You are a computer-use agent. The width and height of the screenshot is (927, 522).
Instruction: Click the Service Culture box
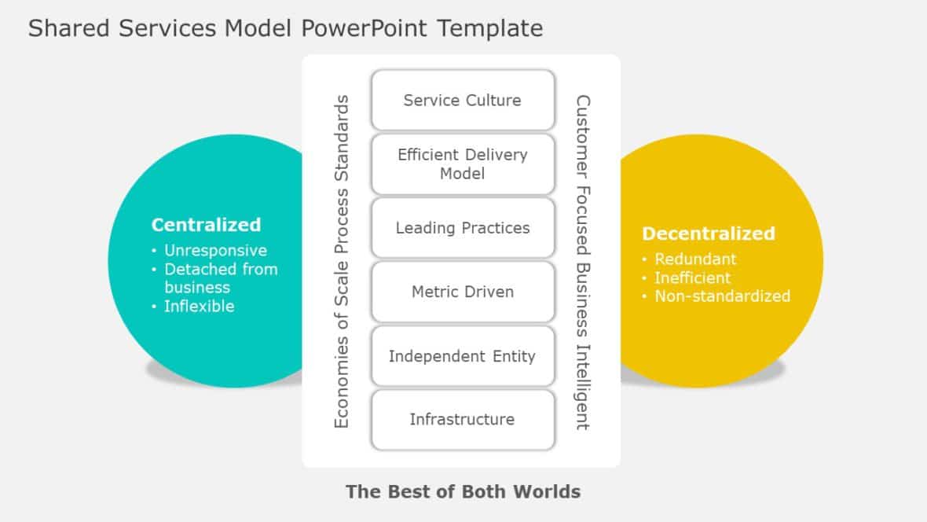coord(463,100)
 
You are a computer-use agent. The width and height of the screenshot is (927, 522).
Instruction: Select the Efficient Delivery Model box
coord(463,164)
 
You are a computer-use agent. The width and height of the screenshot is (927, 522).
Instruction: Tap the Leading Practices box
coord(463,228)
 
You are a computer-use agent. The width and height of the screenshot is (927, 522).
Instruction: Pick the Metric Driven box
coord(463,292)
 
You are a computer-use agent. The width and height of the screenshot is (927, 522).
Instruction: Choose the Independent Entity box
coord(463,356)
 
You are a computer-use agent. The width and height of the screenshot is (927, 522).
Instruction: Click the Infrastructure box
coord(463,420)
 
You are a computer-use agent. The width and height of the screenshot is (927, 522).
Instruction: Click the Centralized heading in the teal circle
coord(206,225)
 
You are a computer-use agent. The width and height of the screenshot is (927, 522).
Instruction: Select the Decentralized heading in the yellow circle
coord(708,233)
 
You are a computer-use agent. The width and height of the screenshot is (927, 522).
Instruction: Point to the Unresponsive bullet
coord(215,251)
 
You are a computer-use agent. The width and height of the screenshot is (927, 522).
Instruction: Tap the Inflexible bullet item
coord(199,307)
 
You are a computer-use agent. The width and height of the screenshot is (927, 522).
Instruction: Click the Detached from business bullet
coord(220,278)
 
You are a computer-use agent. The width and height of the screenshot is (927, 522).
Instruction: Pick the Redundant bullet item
coord(695,259)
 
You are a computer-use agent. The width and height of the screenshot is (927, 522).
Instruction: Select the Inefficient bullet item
coord(692,278)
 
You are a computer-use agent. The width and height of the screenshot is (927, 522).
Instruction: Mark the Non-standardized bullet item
coord(722,296)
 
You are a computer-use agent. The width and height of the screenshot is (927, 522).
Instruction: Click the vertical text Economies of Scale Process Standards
coord(342,262)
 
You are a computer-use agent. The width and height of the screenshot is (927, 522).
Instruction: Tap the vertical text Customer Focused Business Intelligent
coord(582,262)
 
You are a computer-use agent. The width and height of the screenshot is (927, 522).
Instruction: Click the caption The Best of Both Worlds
coord(463,492)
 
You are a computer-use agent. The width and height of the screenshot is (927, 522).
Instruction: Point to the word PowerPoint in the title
coord(365,28)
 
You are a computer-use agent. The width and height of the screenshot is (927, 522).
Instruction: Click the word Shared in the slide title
coord(69,28)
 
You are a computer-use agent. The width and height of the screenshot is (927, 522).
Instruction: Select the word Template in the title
coord(490,28)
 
